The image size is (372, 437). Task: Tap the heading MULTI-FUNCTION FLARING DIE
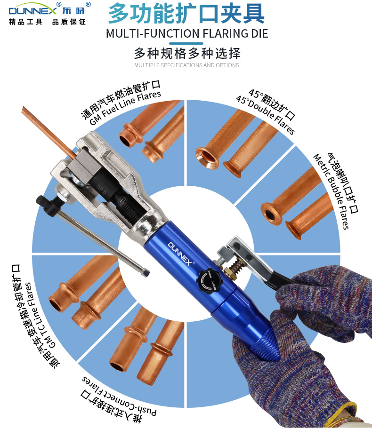click(x=187, y=33)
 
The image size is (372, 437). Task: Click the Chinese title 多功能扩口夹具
click(x=186, y=13)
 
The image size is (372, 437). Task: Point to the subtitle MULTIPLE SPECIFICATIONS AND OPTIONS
click(x=186, y=65)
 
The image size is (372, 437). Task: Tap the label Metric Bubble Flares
click(x=331, y=191)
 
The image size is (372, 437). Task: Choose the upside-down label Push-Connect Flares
click(x=119, y=394)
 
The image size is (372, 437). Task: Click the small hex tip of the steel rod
click(x=146, y=273)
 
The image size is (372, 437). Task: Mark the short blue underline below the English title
click(x=186, y=43)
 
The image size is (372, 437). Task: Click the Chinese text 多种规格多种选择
click(x=187, y=53)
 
